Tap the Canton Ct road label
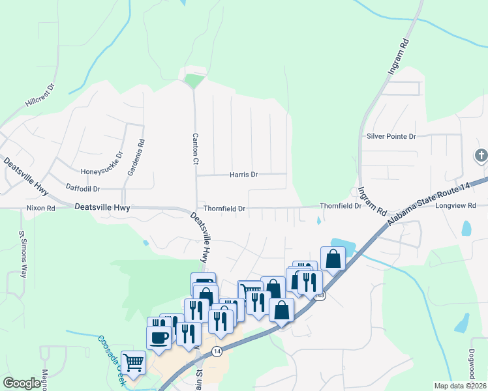(x=195, y=149)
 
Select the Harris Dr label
(x=244, y=175)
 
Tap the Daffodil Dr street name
(x=83, y=188)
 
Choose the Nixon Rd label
(x=40, y=208)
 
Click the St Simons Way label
(x=22, y=255)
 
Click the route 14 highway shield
(x=217, y=351)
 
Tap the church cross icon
(x=480, y=156)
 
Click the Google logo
(x=22, y=383)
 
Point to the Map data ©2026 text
(x=460, y=386)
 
